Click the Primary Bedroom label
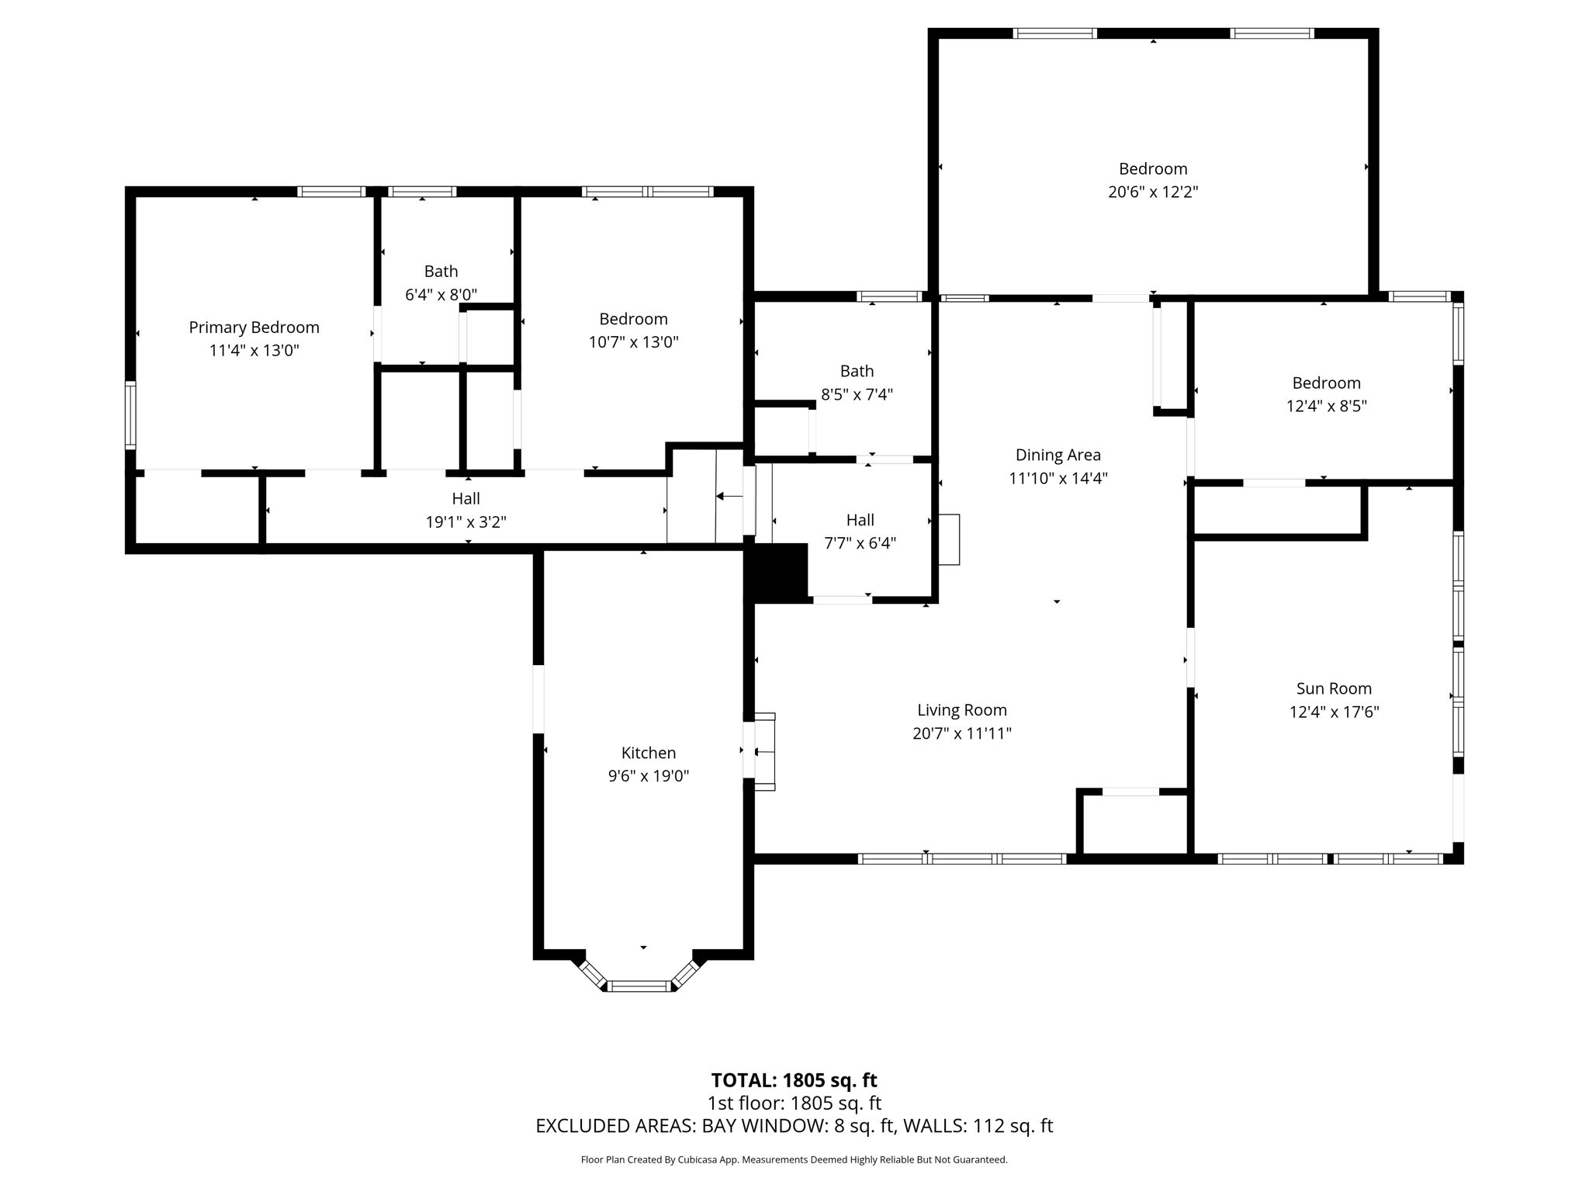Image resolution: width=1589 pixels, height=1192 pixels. point(254,327)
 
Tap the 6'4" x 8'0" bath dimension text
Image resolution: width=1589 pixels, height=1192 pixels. point(441,295)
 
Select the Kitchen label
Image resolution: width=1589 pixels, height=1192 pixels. point(648,753)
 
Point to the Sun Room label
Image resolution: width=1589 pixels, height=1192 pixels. point(1334,688)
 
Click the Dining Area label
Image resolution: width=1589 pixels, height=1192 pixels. point(1058,455)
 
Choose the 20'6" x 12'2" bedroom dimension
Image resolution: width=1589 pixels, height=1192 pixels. point(1153,192)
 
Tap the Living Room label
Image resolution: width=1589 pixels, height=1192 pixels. point(962,710)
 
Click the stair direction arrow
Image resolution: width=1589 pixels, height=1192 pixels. point(729,496)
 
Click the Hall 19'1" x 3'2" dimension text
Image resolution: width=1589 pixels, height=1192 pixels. point(466,522)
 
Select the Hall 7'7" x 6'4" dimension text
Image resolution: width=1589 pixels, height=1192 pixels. point(860,543)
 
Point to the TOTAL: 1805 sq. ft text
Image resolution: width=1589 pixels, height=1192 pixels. point(794,1080)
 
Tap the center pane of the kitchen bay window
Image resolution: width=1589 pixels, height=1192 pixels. point(638,986)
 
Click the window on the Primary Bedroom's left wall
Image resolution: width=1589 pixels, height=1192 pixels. point(130,415)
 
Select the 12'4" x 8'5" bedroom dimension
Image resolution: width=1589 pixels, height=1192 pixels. point(1326,406)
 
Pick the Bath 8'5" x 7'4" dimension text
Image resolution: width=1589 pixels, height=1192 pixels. point(857,394)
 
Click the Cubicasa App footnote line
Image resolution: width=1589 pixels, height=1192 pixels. point(794,1160)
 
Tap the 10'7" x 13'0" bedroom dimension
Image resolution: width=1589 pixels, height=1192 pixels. point(633,342)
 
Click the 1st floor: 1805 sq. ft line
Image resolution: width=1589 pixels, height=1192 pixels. point(794,1103)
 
